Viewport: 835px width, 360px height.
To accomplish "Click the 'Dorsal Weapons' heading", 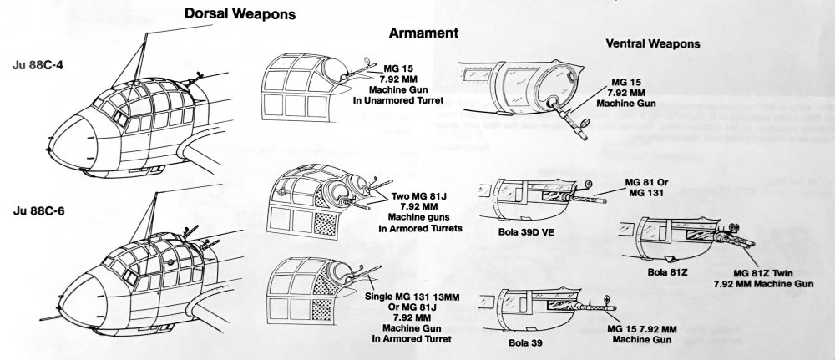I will (x=241, y=14).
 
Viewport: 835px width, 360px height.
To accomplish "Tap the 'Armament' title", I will (x=426, y=33).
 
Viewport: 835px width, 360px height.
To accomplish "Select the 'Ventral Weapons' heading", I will (x=653, y=43).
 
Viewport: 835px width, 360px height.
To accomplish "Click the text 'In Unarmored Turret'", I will (x=403, y=100).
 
